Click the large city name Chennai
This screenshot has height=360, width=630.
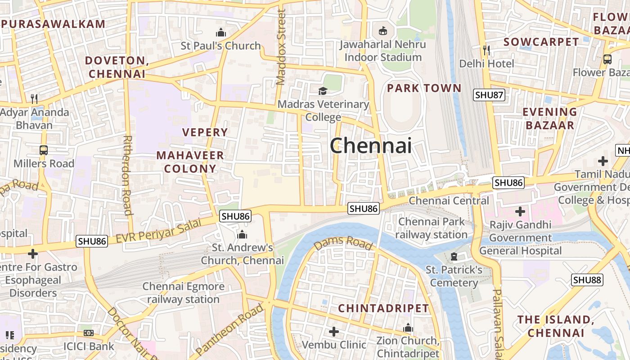click(x=371, y=145)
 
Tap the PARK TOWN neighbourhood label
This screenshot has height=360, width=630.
click(x=424, y=88)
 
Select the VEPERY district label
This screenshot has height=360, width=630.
click(x=205, y=132)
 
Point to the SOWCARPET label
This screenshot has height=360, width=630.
click(x=541, y=42)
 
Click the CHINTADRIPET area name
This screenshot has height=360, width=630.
click(x=383, y=308)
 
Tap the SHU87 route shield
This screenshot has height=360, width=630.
click(x=489, y=95)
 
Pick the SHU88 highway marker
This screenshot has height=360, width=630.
click(x=587, y=280)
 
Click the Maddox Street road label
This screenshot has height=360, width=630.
click(x=281, y=47)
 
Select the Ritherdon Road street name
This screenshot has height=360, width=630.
click(x=127, y=175)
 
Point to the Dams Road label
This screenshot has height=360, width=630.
click(x=343, y=243)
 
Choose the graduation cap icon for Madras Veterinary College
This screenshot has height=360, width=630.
click(x=323, y=91)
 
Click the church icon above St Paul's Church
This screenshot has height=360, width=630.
click(x=220, y=32)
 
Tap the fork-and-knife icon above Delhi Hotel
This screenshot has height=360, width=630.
click(x=486, y=49)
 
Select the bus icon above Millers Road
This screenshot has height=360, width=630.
click(x=44, y=150)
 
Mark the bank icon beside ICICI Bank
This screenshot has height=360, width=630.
click(x=89, y=333)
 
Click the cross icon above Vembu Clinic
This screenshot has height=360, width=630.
click(x=333, y=332)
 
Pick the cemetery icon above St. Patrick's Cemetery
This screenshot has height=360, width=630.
click(x=454, y=257)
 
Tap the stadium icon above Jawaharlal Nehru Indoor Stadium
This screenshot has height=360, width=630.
click(x=382, y=31)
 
